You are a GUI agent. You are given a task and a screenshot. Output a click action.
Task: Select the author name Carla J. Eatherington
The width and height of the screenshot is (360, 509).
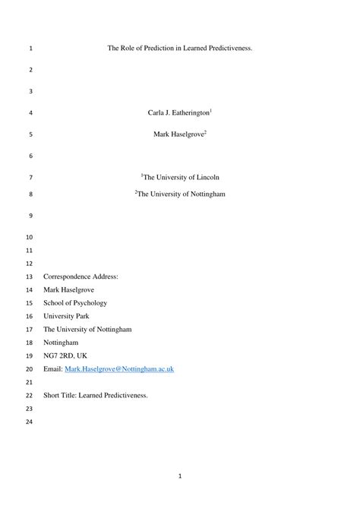(179, 112)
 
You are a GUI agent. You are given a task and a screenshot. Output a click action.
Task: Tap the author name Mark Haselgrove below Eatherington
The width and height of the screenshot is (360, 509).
(179, 134)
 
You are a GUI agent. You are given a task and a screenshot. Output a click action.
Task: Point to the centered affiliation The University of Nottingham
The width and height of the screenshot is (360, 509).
(180, 194)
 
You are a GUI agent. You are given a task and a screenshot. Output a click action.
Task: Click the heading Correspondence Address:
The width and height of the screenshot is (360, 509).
(81, 277)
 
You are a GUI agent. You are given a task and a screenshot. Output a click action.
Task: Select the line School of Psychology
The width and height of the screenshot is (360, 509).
(75, 302)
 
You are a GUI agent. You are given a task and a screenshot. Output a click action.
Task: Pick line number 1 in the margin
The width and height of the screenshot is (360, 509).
(30, 49)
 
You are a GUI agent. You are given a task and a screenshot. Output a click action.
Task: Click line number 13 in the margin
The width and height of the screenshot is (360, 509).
(30, 277)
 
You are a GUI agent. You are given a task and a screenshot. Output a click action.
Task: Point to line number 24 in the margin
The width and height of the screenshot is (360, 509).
(30, 422)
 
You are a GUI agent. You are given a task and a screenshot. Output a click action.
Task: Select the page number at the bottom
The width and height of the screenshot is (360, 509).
(180, 477)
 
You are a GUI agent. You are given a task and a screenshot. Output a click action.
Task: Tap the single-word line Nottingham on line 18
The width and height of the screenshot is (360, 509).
(62, 342)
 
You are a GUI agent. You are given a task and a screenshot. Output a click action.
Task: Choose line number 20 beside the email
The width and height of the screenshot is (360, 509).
(30, 368)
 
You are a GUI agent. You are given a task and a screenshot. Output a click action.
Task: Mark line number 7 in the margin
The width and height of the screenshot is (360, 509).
(30, 178)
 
